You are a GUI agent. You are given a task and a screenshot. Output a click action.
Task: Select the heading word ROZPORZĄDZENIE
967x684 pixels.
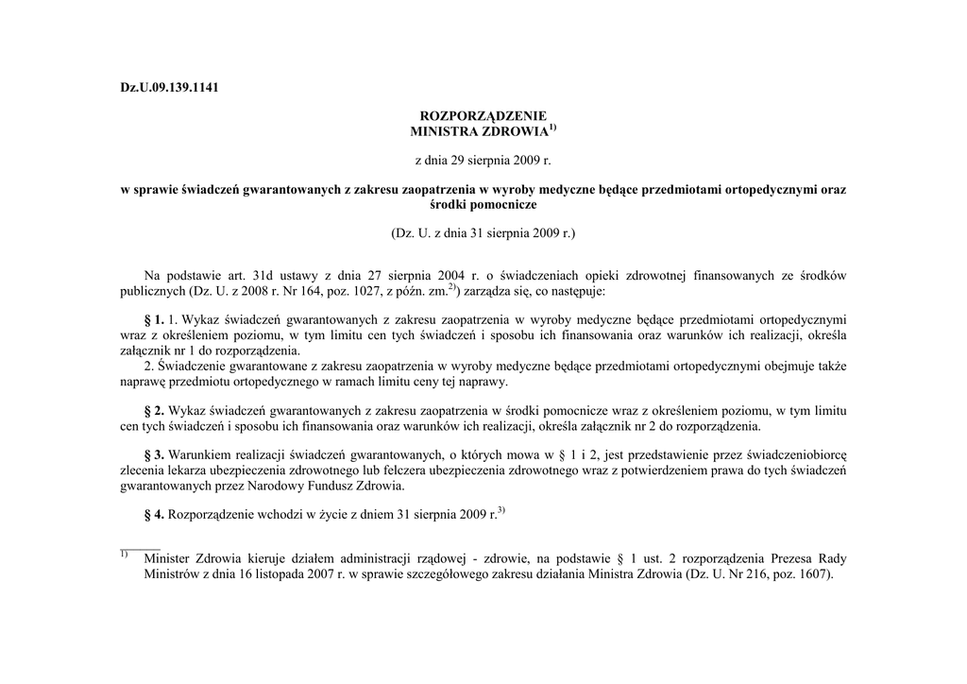(483, 115)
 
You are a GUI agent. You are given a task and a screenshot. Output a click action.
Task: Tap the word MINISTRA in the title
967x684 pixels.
(444, 130)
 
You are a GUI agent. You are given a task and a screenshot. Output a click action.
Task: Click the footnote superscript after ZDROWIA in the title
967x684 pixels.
(552, 127)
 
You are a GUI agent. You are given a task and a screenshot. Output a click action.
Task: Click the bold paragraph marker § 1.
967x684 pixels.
(154, 320)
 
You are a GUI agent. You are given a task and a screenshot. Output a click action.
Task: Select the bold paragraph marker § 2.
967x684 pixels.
(154, 411)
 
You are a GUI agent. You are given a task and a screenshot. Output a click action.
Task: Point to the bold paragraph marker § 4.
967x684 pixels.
(154, 515)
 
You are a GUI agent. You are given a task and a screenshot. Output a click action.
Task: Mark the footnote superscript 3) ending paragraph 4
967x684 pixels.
(501, 511)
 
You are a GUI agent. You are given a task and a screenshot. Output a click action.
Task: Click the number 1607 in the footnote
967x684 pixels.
(811, 573)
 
